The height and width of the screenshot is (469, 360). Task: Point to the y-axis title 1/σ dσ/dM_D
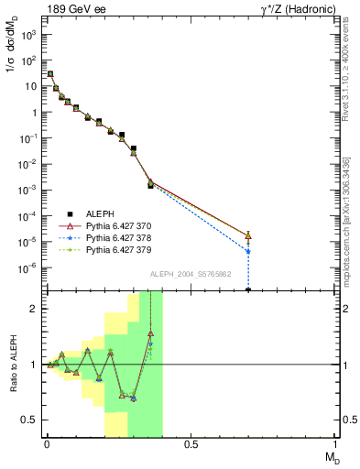12,59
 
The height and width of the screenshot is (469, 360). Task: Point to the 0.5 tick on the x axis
191,445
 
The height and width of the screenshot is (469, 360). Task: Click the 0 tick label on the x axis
46,445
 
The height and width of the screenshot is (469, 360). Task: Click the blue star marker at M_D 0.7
248,251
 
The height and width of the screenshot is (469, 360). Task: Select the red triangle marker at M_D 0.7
248,235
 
